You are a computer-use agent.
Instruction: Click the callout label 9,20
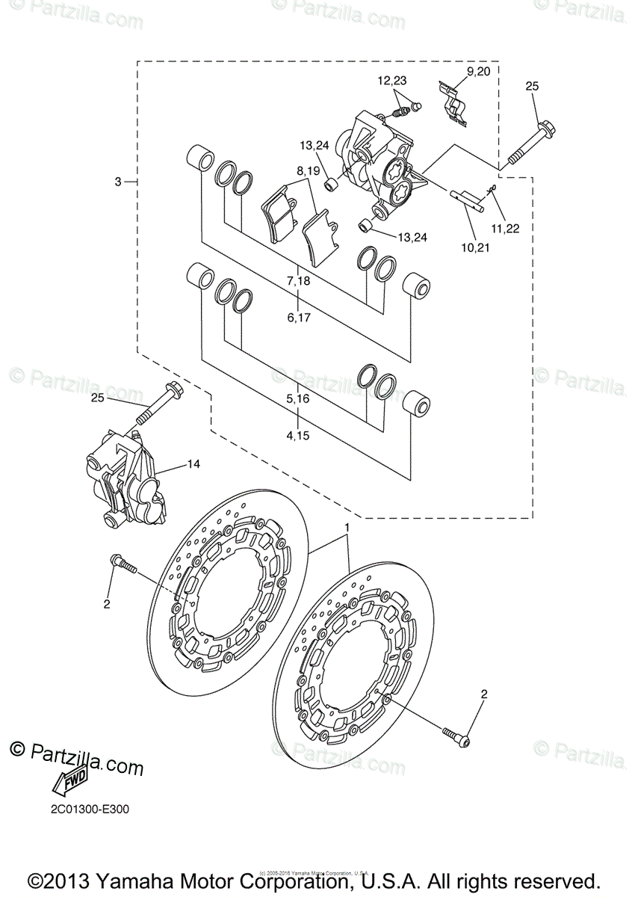(478, 72)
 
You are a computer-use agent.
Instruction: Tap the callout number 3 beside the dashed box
(118, 182)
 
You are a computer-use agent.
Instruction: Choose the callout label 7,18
(297, 281)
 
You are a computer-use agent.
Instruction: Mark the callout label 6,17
(297, 317)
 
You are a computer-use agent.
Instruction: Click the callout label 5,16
(297, 399)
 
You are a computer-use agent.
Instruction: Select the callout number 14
(193, 464)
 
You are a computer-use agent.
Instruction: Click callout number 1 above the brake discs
(347, 528)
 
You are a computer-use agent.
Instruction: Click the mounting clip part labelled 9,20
(453, 103)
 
